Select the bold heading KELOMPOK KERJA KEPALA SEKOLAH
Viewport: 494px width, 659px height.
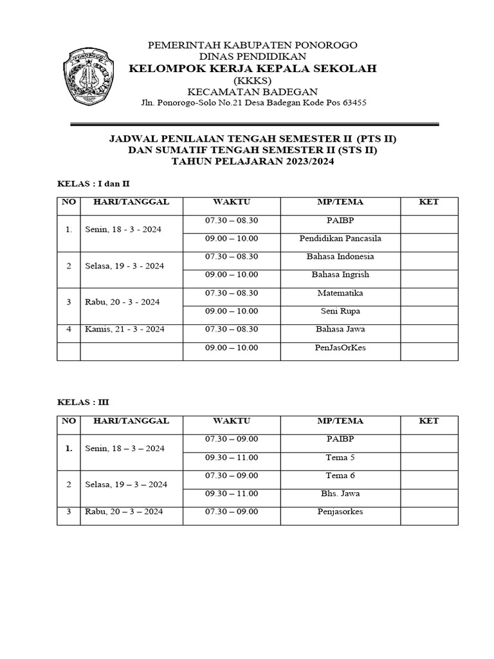(x=253, y=69)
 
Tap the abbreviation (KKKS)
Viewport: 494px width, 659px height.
(x=253, y=80)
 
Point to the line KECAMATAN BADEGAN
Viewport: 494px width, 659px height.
(x=253, y=92)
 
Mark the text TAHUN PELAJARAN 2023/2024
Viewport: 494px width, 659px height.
(x=253, y=162)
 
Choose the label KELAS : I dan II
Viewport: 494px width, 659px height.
(x=94, y=184)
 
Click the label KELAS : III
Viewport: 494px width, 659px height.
(x=83, y=402)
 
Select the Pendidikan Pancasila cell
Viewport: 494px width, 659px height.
(x=340, y=239)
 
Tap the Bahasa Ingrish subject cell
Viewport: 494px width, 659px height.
(x=340, y=275)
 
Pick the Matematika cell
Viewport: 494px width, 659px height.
(x=340, y=293)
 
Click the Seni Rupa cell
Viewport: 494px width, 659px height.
(x=340, y=311)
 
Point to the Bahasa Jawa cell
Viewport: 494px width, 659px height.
(x=340, y=329)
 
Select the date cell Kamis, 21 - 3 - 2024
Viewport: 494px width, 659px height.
(x=125, y=329)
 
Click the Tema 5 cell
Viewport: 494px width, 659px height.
(x=340, y=458)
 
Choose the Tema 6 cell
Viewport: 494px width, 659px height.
(x=340, y=476)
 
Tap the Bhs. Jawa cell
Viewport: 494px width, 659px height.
(x=340, y=494)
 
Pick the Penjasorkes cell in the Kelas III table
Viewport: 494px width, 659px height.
(x=340, y=512)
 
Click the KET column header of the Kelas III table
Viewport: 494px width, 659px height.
(x=429, y=421)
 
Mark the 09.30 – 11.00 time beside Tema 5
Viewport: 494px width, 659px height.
(x=232, y=458)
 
